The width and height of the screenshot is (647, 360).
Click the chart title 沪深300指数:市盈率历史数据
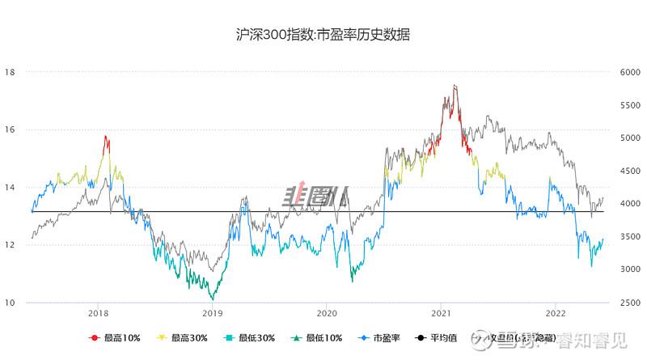click(x=323, y=35)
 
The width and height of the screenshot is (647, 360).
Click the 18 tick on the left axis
click(x=11, y=72)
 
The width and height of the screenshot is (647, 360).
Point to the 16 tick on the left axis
click(x=11, y=130)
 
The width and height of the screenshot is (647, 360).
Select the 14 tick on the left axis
click(x=11, y=188)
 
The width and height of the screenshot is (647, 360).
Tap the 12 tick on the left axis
click(x=11, y=245)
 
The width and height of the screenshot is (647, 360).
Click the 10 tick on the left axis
click(x=11, y=303)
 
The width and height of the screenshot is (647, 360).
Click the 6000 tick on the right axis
click(x=630, y=72)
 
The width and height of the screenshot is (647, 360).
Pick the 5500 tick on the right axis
click(x=630, y=105)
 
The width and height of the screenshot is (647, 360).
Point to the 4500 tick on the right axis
click(x=630, y=172)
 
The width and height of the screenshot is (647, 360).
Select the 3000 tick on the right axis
click(x=630, y=270)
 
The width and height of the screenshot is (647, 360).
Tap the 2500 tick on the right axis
click(x=630, y=303)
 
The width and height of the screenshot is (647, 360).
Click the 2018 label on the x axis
click(x=98, y=312)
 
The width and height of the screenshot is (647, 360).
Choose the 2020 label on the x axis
click(x=327, y=312)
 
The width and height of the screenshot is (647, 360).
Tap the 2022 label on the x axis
click(x=556, y=312)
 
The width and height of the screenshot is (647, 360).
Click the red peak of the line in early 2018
click(x=105, y=137)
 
